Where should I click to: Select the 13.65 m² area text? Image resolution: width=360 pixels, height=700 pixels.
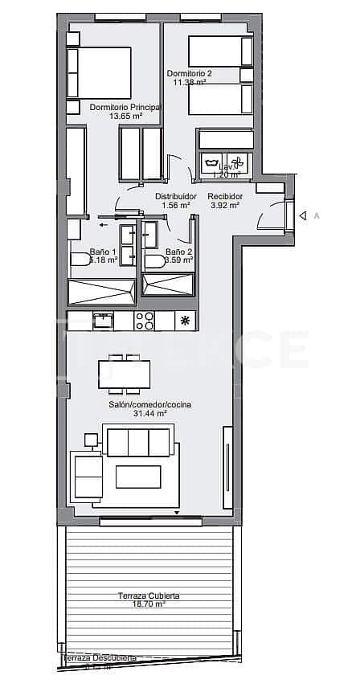tap(125, 116)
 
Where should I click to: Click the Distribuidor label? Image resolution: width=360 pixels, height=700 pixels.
tap(175, 196)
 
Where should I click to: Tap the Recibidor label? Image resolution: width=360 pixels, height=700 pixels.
tap(223, 196)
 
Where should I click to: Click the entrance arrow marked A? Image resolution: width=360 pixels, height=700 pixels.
tap(303, 215)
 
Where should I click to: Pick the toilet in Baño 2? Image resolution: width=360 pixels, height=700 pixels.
tap(154, 260)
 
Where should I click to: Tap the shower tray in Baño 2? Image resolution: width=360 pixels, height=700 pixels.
tap(168, 285)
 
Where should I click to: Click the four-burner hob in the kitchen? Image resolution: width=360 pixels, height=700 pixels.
tap(144, 321)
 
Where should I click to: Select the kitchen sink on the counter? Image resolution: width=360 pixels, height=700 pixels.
tap(102, 321)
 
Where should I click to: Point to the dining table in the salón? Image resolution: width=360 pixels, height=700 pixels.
tap(124, 374)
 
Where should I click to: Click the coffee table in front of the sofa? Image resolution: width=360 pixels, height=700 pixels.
tap(137, 477)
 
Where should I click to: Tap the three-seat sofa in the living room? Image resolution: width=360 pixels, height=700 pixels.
tap(137, 441)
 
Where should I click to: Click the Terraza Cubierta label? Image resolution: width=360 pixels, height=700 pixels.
tap(149, 596)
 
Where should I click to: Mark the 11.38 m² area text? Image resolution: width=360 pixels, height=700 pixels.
tap(189, 81)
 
